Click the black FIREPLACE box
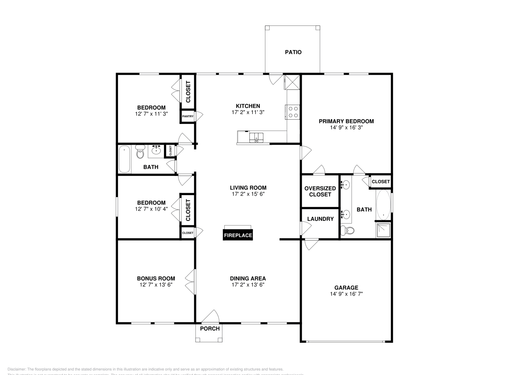[238, 235]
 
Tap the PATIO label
[293, 52]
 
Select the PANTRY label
[187, 116]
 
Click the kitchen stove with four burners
[293, 112]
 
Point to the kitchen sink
[256, 137]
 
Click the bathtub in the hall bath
[125, 159]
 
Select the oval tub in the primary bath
[383, 204]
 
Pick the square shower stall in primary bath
[383, 230]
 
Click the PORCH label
[210, 329]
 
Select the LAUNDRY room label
[320, 219]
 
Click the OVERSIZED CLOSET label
[320, 191]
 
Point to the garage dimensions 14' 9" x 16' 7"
[346, 294]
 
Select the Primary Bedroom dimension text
[346, 127]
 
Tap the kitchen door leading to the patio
[275, 79]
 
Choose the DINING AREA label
[248, 279]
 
